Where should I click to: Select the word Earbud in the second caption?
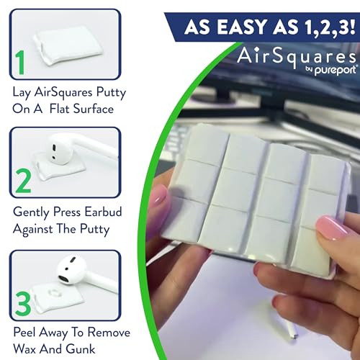pos(102,213)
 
